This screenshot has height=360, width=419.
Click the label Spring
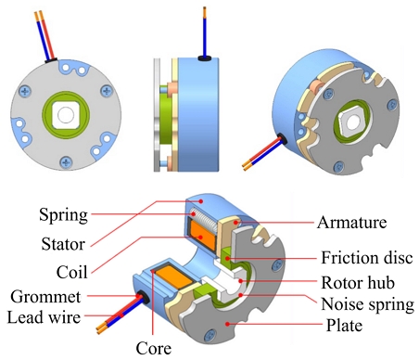point(62,215)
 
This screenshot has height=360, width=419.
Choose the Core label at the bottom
point(157,350)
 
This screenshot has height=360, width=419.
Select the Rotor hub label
point(365,281)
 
